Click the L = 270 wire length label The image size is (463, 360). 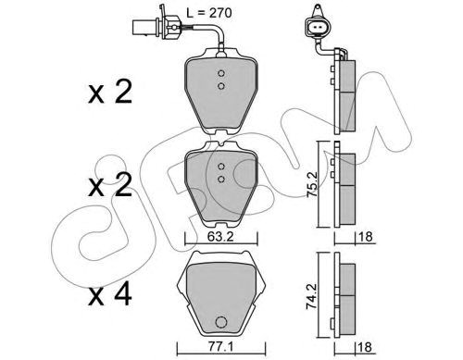pos(209,13)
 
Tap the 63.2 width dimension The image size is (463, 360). pos(220,237)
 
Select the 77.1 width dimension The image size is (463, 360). pos(219,347)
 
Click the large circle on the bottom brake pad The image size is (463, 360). pos(221,323)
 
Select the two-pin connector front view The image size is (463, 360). pos(318,28)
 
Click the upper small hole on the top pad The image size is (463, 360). pos(220,73)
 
